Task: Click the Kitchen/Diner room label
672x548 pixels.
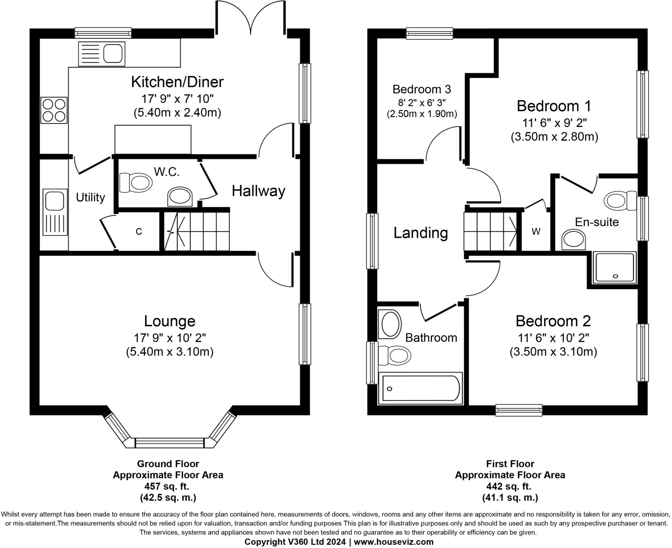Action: pyautogui.click(x=177, y=82)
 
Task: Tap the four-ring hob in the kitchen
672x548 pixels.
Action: pyautogui.click(x=54, y=110)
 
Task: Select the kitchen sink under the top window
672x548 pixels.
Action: pyautogui.click(x=101, y=53)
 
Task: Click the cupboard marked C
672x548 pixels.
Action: pyautogui.click(x=139, y=231)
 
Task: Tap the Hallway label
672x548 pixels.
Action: pyautogui.click(x=259, y=191)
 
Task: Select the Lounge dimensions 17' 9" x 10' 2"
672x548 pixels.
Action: pyautogui.click(x=170, y=337)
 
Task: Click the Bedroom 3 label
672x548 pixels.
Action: pyautogui.click(x=422, y=89)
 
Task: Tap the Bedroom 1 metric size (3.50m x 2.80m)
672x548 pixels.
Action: pyautogui.click(x=554, y=137)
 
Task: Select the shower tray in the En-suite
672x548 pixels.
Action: pyautogui.click(x=615, y=267)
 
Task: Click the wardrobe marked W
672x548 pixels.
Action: pyautogui.click(x=536, y=231)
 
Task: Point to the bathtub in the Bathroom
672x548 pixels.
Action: pyautogui.click(x=420, y=388)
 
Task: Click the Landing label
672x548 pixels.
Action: pyautogui.click(x=421, y=233)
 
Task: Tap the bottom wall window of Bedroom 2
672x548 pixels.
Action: pyautogui.click(x=518, y=410)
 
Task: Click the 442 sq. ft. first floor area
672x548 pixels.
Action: pyautogui.click(x=510, y=486)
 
